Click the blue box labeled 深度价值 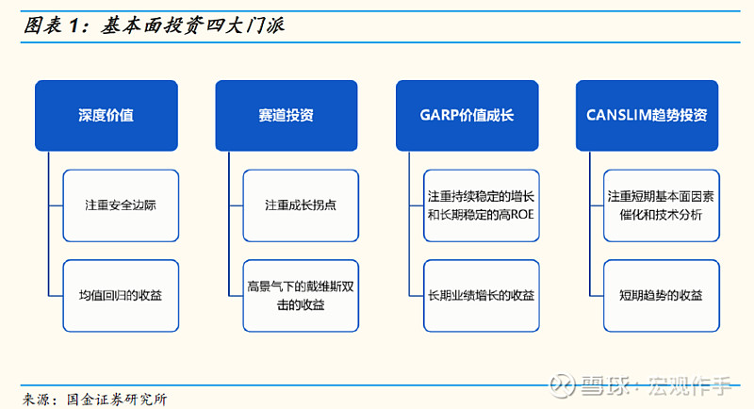click(107, 115)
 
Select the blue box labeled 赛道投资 click(287, 115)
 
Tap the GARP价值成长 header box click(467, 115)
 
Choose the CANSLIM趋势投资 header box click(647, 115)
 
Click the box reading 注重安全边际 click(121, 205)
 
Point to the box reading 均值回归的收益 click(121, 296)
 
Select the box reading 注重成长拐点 click(301, 205)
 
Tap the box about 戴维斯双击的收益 click(301, 296)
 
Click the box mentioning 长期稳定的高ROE click(482, 205)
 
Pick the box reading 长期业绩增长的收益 click(482, 296)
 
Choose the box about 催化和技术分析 click(662, 205)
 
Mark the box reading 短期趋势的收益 click(662, 296)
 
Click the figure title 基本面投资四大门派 click(193, 25)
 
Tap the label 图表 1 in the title click(52, 25)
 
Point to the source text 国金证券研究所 click(117, 400)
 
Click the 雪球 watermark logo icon click(562, 385)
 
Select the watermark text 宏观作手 click(690, 386)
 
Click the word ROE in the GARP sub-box click(522, 214)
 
